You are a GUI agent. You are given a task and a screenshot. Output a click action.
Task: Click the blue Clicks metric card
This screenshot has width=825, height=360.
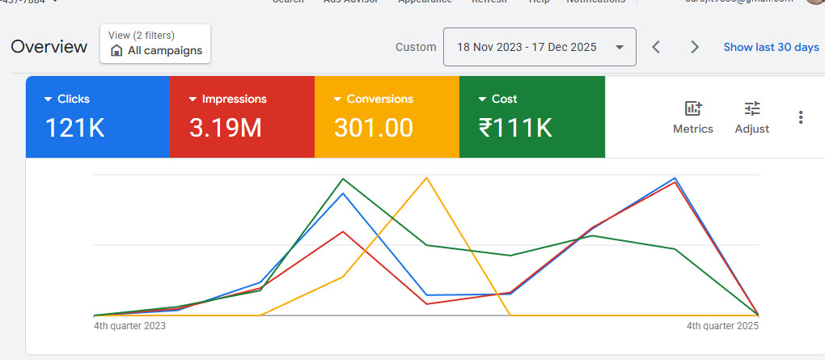(97, 116)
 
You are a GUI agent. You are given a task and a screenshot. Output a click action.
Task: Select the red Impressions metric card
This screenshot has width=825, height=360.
(241, 116)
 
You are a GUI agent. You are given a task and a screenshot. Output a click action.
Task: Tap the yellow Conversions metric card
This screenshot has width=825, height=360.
(386, 116)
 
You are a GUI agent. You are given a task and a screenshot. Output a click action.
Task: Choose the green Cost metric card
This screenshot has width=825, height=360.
(531, 116)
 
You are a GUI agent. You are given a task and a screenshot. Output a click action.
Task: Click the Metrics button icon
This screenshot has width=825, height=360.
(693, 108)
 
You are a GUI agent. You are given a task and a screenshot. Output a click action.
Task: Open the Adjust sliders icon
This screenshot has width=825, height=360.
(752, 108)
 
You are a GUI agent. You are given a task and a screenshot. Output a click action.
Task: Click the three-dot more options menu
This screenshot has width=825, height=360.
(801, 117)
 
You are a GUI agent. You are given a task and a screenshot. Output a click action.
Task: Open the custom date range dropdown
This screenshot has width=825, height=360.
(539, 47)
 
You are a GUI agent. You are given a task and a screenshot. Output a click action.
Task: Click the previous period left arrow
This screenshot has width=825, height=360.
(656, 47)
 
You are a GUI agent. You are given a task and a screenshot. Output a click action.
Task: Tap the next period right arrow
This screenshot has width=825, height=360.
(694, 47)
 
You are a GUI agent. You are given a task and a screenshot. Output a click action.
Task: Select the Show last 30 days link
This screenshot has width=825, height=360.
(771, 47)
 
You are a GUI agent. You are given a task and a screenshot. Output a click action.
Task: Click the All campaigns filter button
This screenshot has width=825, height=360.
(155, 44)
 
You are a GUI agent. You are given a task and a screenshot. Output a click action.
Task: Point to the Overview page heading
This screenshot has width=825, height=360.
(49, 47)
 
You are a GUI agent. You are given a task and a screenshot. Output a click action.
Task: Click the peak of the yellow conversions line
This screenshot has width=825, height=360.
(426, 177)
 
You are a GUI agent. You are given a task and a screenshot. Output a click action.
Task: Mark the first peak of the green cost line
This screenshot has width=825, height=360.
(344, 178)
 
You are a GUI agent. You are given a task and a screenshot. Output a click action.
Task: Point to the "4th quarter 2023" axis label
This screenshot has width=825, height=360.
(129, 326)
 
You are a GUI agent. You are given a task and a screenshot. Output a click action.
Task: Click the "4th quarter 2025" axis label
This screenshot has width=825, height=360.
(722, 326)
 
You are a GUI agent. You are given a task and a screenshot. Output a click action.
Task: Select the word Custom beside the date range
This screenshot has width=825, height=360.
(416, 47)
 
